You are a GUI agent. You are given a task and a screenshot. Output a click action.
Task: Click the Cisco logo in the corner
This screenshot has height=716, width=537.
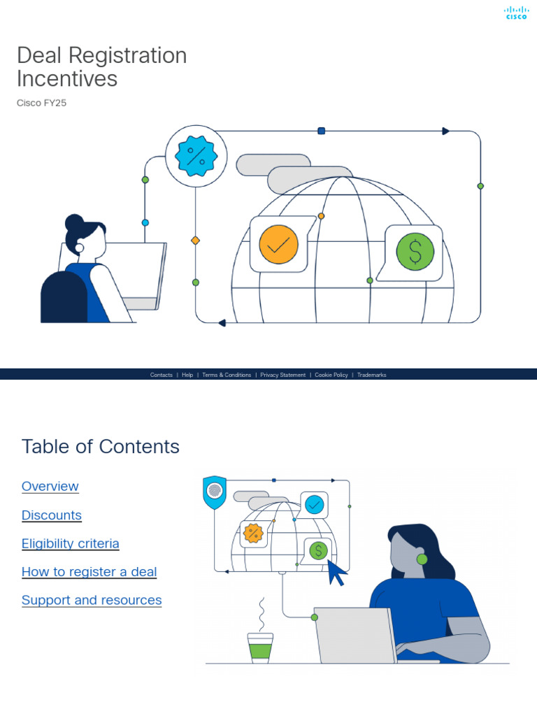tap(516, 13)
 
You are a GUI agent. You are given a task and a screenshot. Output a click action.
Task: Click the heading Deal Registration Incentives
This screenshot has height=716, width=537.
tap(101, 67)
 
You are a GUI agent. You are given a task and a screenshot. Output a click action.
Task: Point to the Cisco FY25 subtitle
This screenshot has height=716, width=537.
tap(41, 103)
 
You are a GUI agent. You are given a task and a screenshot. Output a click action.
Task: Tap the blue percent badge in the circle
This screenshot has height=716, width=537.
tap(196, 156)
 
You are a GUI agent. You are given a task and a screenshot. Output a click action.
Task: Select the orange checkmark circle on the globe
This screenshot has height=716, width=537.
tap(278, 245)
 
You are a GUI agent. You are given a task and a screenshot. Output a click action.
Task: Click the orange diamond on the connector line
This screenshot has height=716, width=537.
tap(196, 241)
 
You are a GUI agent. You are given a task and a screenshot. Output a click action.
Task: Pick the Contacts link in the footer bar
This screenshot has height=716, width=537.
tap(161, 375)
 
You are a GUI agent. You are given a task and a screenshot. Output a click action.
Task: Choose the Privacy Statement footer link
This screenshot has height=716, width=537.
tap(282, 375)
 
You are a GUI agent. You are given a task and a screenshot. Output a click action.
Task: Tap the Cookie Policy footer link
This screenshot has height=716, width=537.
tap(331, 375)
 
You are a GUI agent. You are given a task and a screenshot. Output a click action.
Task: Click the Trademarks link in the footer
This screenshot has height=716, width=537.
tap(371, 375)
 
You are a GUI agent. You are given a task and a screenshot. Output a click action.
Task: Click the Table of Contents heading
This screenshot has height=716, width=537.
tap(100, 447)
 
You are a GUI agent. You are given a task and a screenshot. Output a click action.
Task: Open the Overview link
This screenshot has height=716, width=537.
tap(50, 487)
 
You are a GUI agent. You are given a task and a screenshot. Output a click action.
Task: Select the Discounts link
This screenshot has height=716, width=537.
tap(52, 515)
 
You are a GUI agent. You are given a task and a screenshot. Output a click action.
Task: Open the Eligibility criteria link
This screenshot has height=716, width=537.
tap(71, 544)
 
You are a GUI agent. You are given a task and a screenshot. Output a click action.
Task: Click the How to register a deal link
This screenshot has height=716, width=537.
tap(89, 572)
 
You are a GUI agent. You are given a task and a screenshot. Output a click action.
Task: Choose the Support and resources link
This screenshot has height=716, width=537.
tap(92, 601)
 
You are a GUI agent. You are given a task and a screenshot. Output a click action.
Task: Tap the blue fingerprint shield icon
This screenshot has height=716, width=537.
tap(214, 492)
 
